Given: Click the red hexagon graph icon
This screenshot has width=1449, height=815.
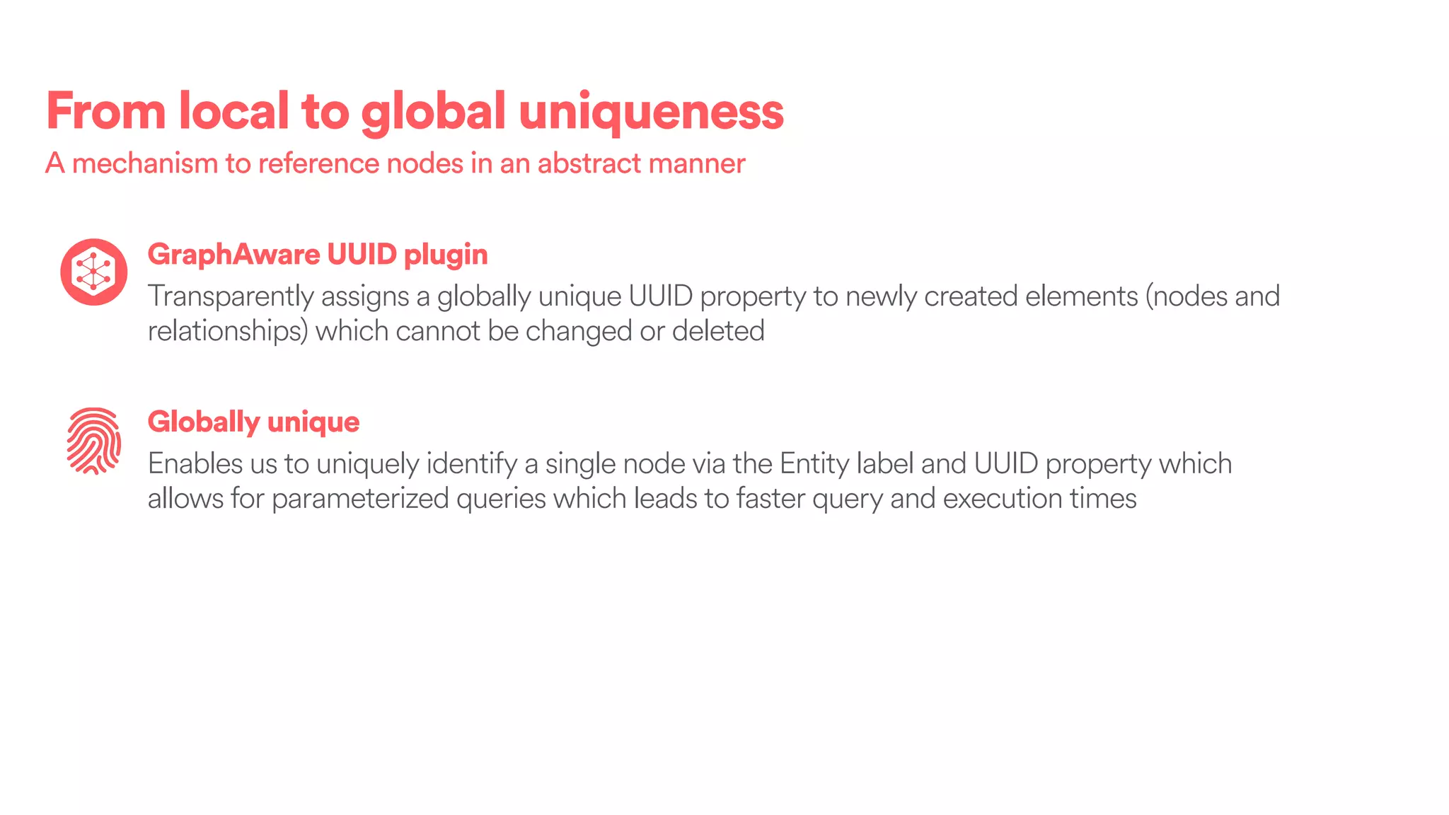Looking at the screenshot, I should pos(93,272).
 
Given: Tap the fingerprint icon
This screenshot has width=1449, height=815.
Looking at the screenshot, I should pos(93,440).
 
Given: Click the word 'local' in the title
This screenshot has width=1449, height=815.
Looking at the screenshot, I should pos(233,111).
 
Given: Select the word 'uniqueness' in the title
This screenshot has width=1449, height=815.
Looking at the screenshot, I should pos(651,111).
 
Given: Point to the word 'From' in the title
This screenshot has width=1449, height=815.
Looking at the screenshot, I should pos(105,111).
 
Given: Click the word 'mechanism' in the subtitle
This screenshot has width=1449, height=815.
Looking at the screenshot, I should pos(145,163).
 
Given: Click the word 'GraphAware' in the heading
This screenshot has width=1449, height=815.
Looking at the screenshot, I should pos(233,254).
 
